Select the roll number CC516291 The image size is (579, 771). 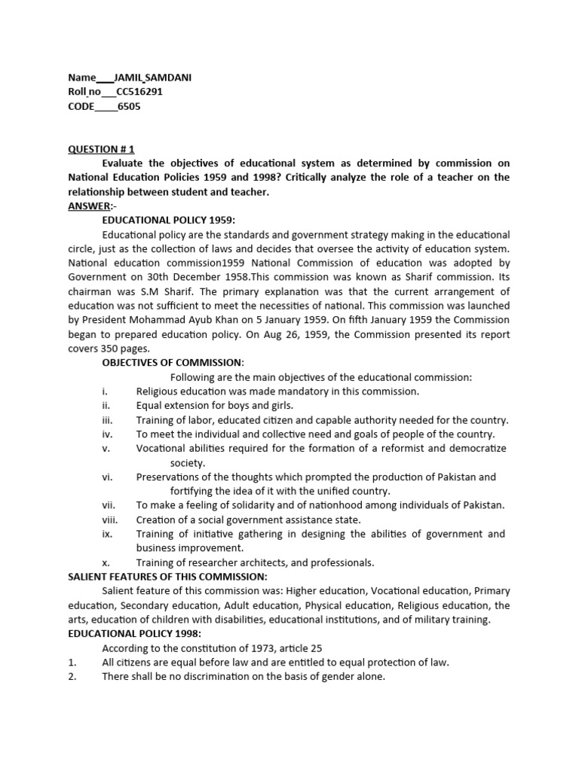139,92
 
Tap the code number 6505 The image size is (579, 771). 129,106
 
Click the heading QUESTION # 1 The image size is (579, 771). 101,149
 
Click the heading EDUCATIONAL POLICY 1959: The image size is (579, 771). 169,220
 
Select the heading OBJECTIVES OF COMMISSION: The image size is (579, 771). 173,363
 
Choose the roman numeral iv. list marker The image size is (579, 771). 107,434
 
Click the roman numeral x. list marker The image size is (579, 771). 106,562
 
